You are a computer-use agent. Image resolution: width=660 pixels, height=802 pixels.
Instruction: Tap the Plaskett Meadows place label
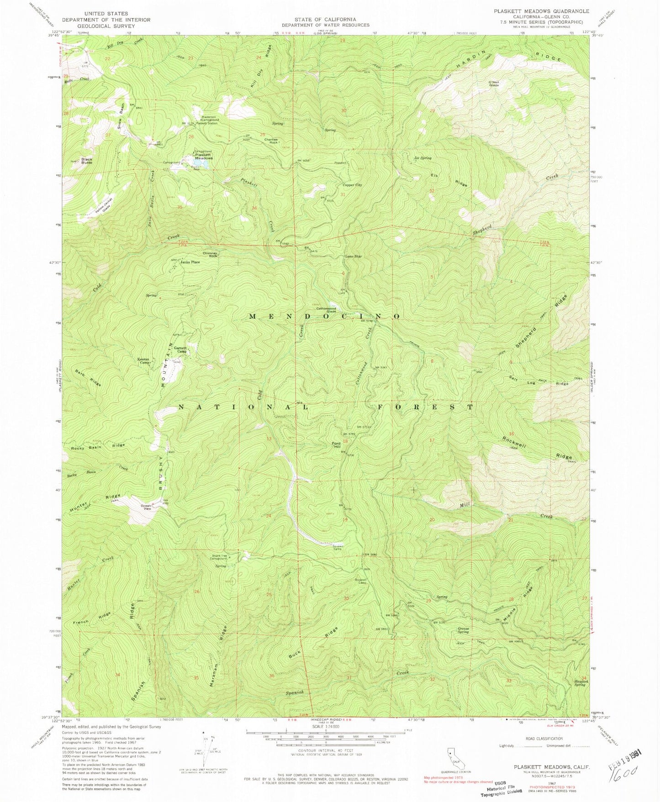coord(204,156)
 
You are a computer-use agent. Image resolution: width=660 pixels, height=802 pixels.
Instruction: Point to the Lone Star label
coord(353,257)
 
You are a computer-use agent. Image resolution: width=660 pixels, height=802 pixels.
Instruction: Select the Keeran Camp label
coord(144,361)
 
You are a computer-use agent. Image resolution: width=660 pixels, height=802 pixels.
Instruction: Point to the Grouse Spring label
coord(463,630)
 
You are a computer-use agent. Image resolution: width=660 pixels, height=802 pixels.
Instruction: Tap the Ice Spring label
coord(422,158)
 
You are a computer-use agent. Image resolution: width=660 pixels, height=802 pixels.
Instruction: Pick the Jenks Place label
coord(190,262)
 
